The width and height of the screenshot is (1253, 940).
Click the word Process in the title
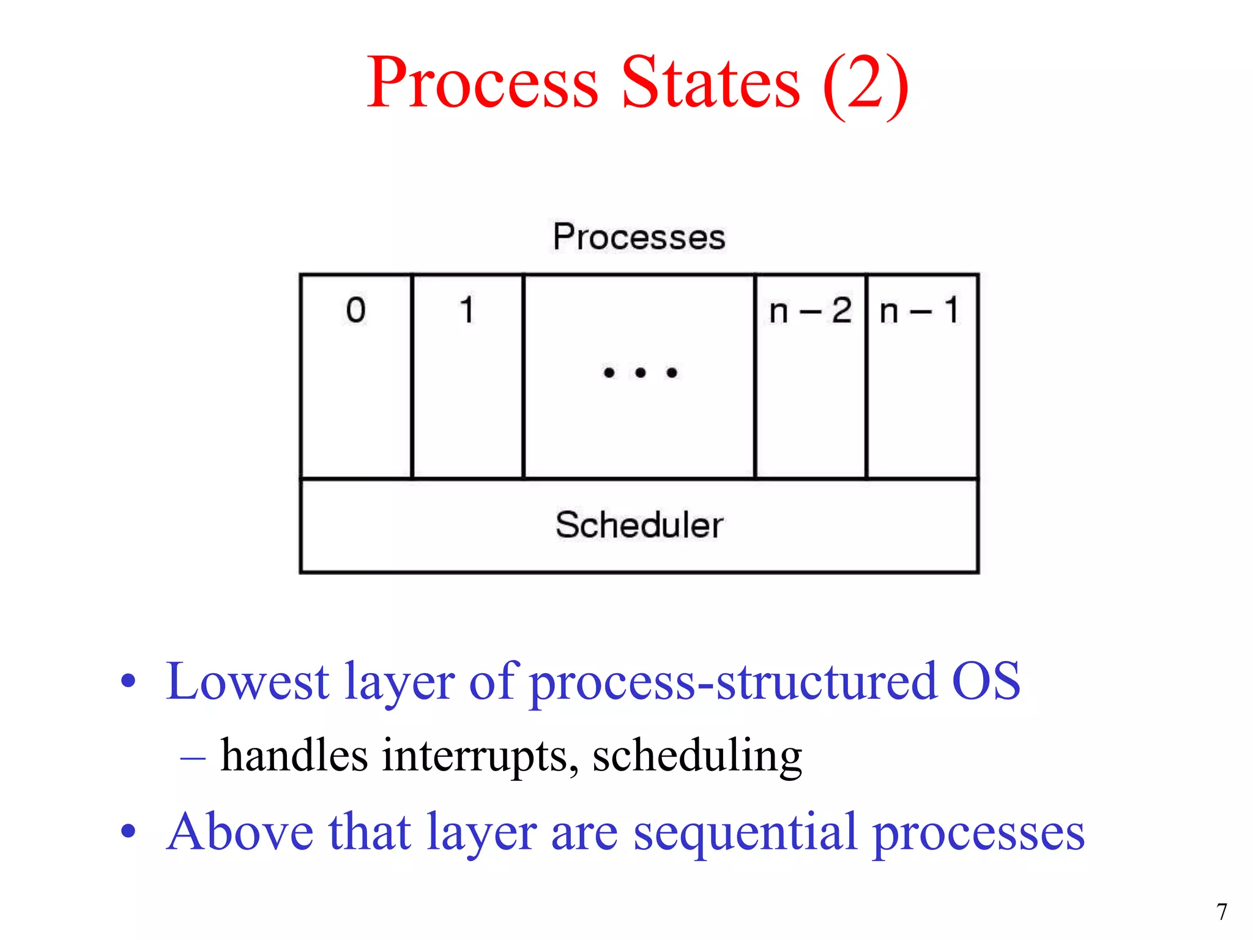(x=481, y=83)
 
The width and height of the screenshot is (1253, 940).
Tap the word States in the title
(x=710, y=83)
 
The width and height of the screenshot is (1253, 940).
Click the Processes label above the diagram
(x=639, y=237)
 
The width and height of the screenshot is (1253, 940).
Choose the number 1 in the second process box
(x=467, y=310)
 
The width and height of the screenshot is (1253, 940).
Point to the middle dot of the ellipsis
(x=640, y=373)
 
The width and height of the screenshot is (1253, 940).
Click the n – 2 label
(x=810, y=311)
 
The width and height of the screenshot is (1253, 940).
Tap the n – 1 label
(x=920, y=311)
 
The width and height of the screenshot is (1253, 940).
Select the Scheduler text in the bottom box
(x=639, y=525)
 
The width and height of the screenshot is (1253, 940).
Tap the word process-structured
(x=732, y=684)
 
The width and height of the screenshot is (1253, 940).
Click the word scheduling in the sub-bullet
(x=697, y=756)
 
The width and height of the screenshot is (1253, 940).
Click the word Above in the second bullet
(x=240, y=832)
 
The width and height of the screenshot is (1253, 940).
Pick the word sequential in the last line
(x=744, y=833)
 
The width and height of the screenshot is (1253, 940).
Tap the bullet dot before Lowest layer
(x=128, y=681)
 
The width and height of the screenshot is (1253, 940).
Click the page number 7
(x=1221, y=912)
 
